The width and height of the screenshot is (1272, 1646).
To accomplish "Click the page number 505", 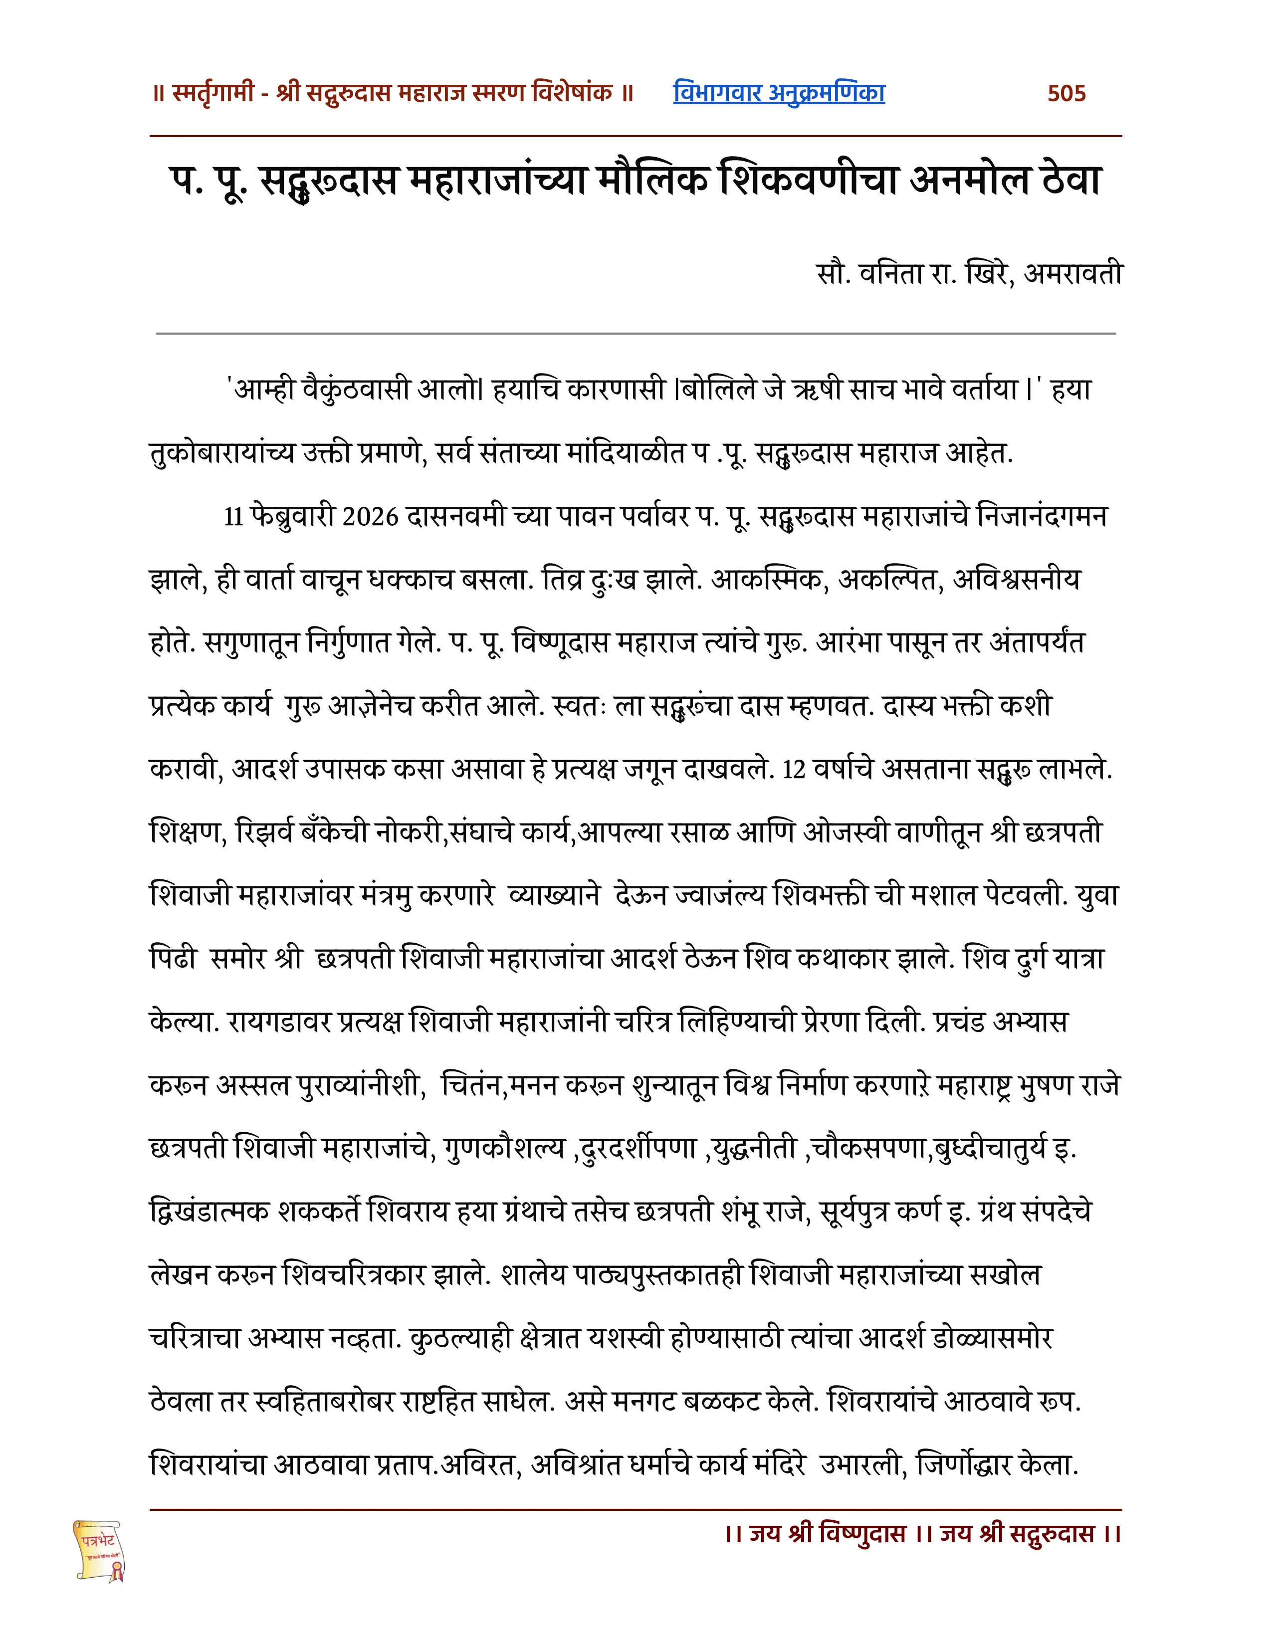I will [x=1066, y=93].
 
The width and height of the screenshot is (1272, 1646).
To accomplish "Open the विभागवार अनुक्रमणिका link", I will [x=779, y=93].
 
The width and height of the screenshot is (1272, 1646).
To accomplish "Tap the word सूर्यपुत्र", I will [x=852, y=1213].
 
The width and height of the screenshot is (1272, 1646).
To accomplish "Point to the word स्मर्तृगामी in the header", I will [x=213, y=93].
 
